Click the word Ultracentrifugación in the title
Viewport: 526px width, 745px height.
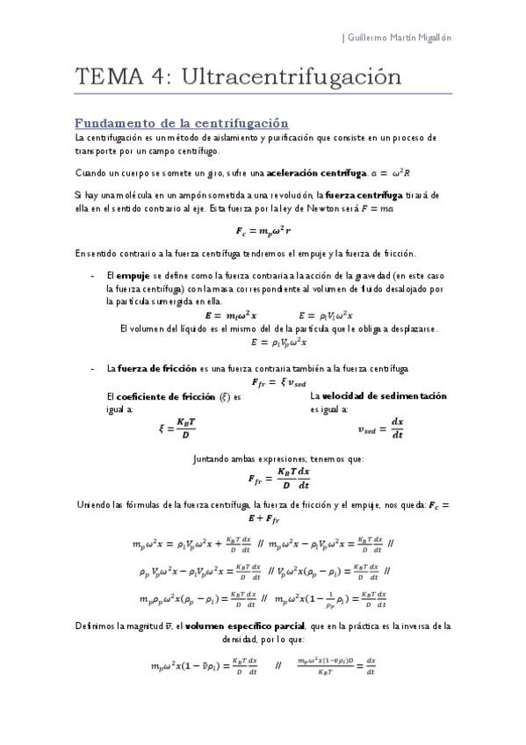(x=291, y=77)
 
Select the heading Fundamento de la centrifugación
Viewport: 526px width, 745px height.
(x=182, y=123)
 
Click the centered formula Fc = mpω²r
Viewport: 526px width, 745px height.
(x=264, y=232)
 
